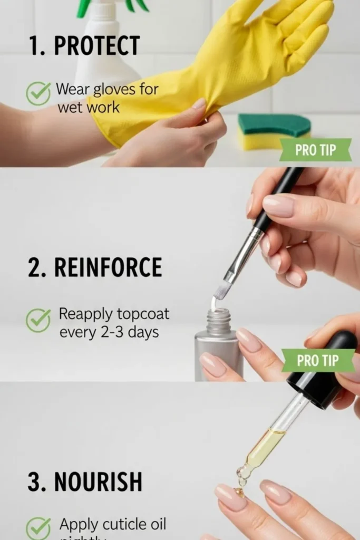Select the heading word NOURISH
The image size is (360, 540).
[x=98, y=481]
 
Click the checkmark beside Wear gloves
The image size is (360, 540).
[x=38, y=94]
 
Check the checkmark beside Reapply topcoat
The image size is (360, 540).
[x=38, y=321]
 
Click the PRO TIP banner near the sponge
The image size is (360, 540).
[x=315, y=150]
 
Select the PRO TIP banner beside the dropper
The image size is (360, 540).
[x=318, y=360]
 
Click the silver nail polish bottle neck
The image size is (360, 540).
[x=219, y=322]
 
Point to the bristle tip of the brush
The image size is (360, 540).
[x=222, y=290]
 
